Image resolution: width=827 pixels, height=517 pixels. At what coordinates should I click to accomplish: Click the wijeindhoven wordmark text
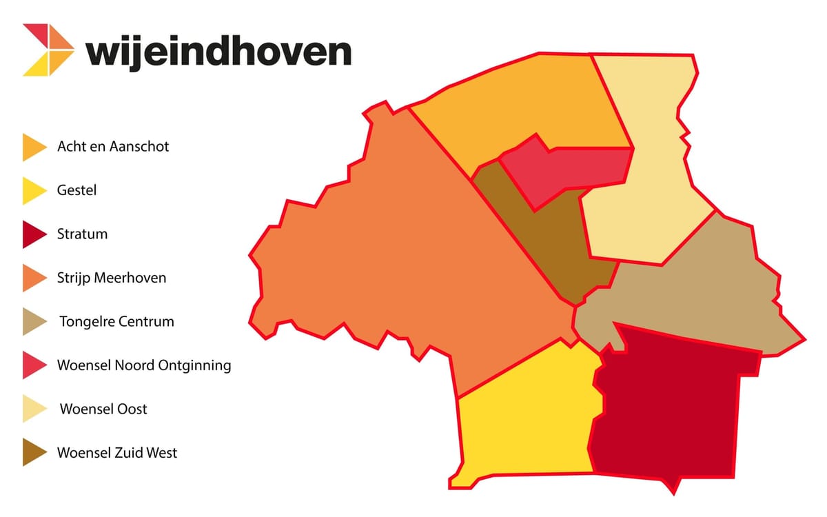pyautogui.click(x=218, y=51)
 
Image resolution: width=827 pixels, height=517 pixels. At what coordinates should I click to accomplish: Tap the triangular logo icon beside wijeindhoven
pyautogui.click(x=48, y=50)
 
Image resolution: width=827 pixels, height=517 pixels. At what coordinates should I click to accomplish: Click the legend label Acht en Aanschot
pyautogui.click(x=113, y=147)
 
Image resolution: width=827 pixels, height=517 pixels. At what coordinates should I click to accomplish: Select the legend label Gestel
pyautogui.click(x=76, y=190)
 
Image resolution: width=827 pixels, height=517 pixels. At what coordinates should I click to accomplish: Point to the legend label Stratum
pyautogui.click(x=82, y=234)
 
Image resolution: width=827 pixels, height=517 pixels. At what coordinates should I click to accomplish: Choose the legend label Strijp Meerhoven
pyautogui.click(x=111, y=278)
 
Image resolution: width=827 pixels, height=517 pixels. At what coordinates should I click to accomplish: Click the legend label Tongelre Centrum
pyautogui.click(x=116, y=322)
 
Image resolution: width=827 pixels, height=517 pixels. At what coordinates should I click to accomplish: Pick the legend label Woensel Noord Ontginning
pyautogui.click(x=144, y=365)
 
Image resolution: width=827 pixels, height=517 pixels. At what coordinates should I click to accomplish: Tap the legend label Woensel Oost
pyautogui.click(x=103, y=409)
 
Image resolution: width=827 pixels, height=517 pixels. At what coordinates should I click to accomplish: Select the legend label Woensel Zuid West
pyautogui.click(x=117, y=453)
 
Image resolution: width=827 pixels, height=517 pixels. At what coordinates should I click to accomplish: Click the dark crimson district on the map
pyautogui.click(x=668, y=407)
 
